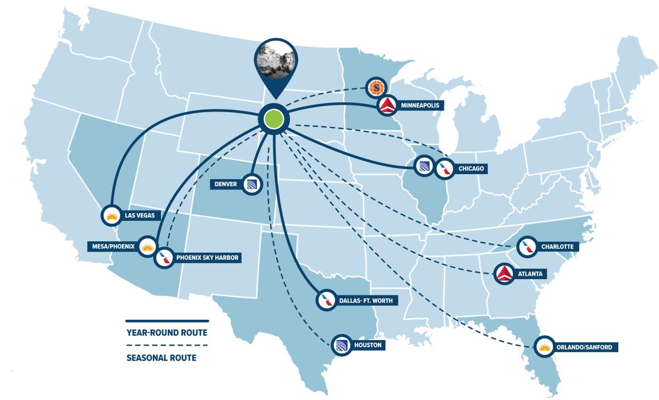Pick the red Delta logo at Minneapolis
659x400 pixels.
point(388,105)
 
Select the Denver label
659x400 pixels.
point(226,184)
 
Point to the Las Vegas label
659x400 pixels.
point(139,215)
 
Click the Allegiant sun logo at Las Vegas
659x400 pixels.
point(111,215)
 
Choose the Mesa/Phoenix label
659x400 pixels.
point(114,246)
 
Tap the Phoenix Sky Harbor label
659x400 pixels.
point(208,257)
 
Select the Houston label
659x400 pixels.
point(367,346)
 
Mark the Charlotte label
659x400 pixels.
point(557,247)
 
